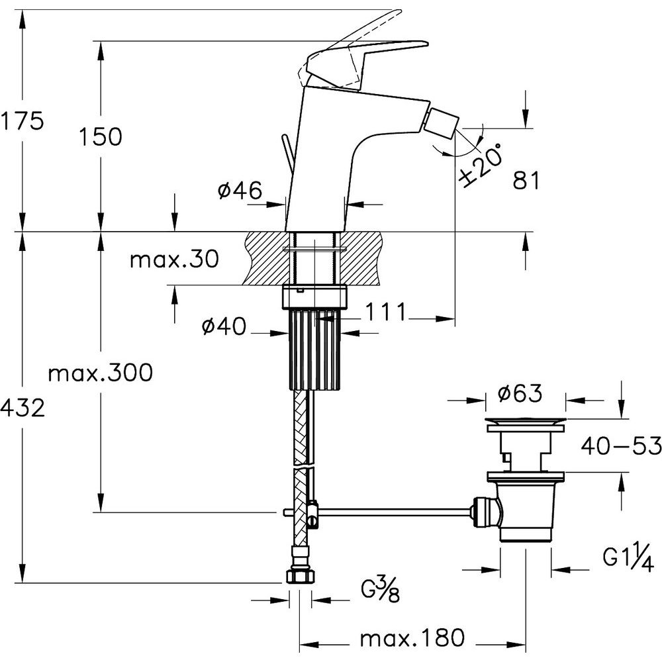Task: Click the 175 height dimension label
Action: tap(22, 121)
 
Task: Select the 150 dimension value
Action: tap(101, 136)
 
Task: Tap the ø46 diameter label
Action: tap(240, 191)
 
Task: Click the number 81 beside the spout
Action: tap(526, 181)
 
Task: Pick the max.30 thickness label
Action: tap(174, 259)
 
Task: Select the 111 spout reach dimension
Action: tap(385, 312)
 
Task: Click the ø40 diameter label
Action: tap(224, 326)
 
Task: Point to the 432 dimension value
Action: tap(23, 408)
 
